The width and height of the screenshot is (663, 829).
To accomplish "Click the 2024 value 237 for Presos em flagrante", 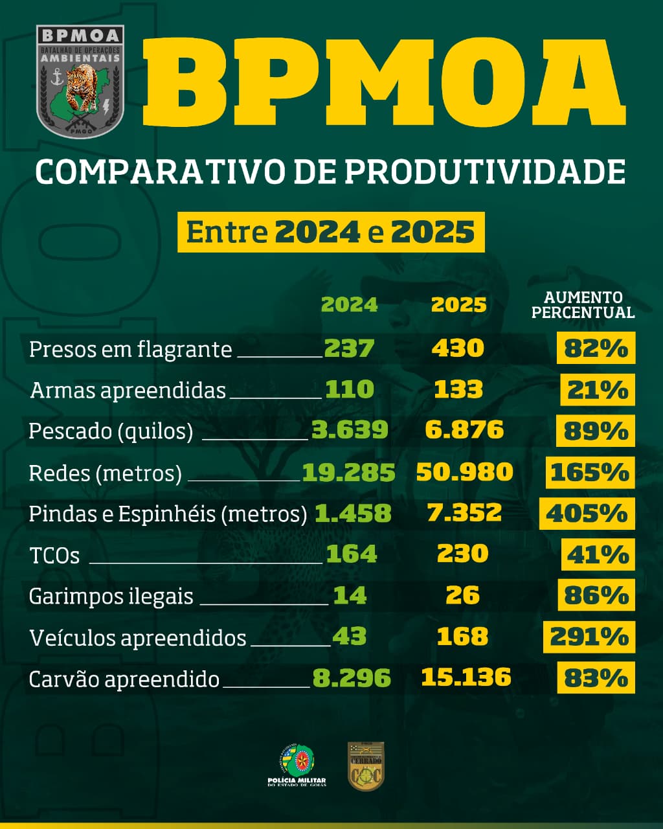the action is (x=349, y=348).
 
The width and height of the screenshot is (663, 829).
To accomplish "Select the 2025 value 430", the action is (x=458, y=348).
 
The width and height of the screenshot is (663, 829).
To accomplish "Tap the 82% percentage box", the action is (x=596, y=348).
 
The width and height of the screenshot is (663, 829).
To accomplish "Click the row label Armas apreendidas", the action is (x=128, y=391).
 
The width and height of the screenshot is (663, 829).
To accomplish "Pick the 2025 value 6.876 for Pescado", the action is (x=464, y=430).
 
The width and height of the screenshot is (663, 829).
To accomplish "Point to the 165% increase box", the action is (x=590, y=473).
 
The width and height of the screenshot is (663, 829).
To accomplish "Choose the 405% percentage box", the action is (x=587, y=514).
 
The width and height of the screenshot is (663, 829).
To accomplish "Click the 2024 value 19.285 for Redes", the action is (x=348, y=473).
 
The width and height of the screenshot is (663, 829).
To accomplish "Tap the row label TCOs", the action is (x=54, y=556).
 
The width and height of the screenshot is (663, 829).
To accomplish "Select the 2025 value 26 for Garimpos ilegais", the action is (x=463, y=596).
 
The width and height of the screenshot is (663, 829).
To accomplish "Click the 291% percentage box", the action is (x=589, y=637).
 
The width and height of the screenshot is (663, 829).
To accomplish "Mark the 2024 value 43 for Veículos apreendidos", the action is (x=350, y=637).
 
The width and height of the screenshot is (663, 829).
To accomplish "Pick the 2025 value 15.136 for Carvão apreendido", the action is (x=466, y=677).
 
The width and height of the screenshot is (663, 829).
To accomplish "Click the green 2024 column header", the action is (x=350, y=304).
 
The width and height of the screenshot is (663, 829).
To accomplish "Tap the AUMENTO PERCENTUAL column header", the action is (x=583, y=305).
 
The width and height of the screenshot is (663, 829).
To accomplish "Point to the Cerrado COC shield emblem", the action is (x=366, y=766).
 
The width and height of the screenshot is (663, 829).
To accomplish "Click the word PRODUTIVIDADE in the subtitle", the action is (x=485, y=172).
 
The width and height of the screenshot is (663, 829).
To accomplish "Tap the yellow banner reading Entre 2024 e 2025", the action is (x=331, y=233).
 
